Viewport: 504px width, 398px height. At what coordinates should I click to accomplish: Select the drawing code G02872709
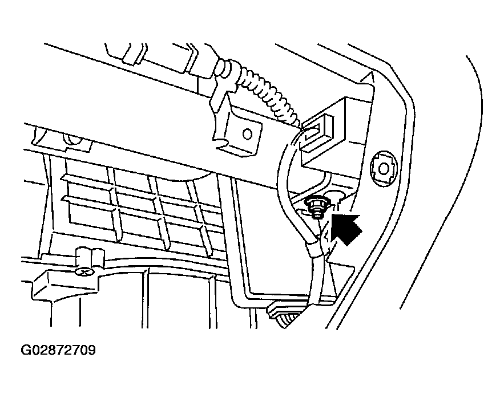[x=58, y=350]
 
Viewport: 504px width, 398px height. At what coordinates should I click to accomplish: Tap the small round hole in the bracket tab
[x=247, y=134]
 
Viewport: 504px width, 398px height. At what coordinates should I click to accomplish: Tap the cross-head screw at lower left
[x=83, y=273]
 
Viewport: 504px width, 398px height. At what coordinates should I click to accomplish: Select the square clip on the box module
[x=317, y=131]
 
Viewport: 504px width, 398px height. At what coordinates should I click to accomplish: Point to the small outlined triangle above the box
[x=368, y=77]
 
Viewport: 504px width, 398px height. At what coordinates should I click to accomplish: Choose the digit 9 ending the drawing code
[x=92, y=350]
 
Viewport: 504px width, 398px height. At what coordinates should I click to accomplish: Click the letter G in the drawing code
[x=25, y=350]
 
